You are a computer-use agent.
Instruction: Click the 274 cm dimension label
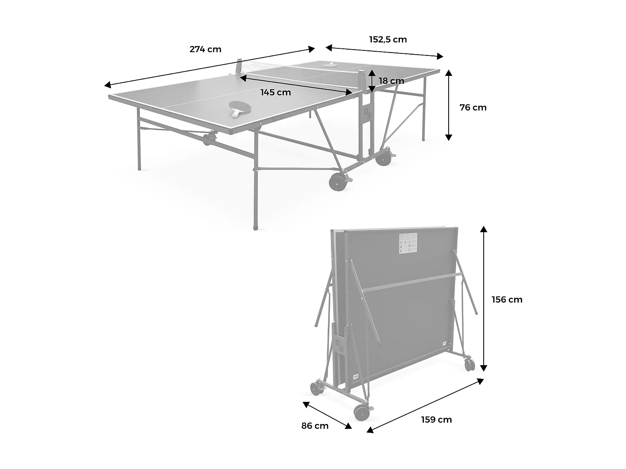click(205, 49)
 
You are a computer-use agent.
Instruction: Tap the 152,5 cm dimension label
click(388, 40)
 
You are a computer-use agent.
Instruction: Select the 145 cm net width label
click(275, 93)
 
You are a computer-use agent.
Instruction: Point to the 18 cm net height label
click(391, 81)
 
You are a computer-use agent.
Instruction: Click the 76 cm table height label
click(473, 108)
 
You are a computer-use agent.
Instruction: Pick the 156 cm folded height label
click(507, 300)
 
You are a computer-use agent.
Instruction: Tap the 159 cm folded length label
click(436, 420)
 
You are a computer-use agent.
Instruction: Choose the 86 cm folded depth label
click(315, 426)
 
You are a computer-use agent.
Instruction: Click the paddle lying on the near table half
click(238, 108)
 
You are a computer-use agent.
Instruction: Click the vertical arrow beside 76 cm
click(449, 105)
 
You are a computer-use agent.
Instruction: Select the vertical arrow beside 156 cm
click(483, 298)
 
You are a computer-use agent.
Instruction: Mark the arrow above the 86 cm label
click(327, 415)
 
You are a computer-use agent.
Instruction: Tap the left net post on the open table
click(239, 66)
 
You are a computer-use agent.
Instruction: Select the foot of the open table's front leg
click(255, 228)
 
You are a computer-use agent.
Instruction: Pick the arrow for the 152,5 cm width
click(384, 52)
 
